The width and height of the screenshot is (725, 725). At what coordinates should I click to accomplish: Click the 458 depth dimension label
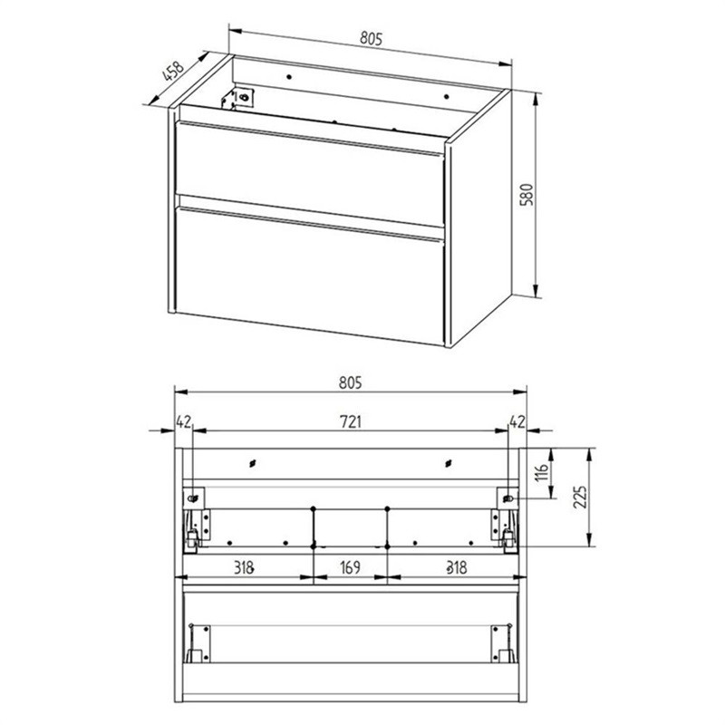point(171,72)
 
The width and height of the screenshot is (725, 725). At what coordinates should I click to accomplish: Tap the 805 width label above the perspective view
point(367,38)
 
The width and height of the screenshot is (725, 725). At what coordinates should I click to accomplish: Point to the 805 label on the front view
point(351,382)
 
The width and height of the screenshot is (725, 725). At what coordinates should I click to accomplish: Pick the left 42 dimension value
point(183,420)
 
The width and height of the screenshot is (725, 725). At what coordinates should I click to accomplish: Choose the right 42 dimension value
point(517,420)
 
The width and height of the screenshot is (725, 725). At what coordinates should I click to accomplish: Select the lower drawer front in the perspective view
point(308,272)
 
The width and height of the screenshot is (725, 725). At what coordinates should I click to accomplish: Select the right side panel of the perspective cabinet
point(480,217)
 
